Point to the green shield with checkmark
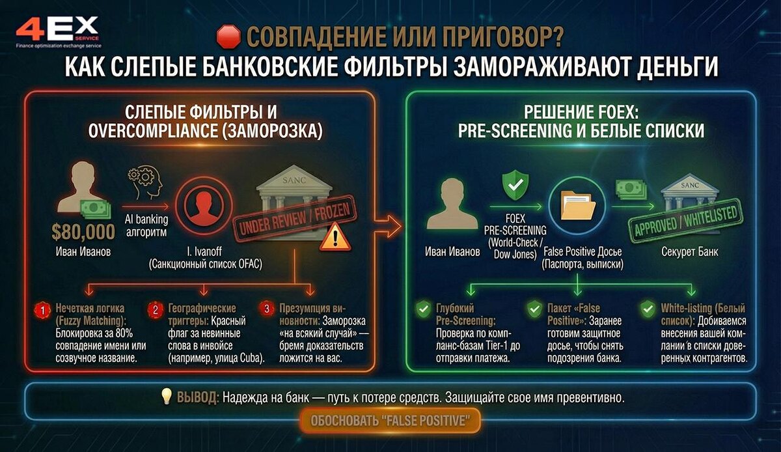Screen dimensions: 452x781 point(513,184)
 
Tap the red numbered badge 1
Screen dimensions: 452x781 point(43,311)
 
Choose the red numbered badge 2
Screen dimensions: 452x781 point(156,311)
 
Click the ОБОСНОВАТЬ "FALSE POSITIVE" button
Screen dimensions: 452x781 point(390,420)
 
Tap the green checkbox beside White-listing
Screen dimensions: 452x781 point(647,309)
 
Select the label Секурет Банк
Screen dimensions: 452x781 point(689,251)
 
